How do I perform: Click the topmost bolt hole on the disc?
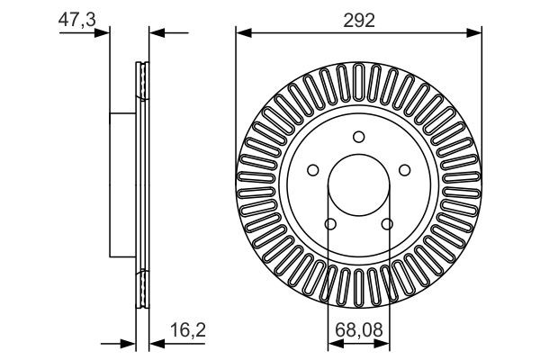(x=358, y=137)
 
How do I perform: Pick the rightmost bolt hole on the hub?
(x=404, y=170)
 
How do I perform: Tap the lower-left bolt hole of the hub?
(x=329, y=224)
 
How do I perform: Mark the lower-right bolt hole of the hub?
(x=387, y=224)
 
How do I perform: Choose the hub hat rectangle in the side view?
(x=122, y=184)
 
